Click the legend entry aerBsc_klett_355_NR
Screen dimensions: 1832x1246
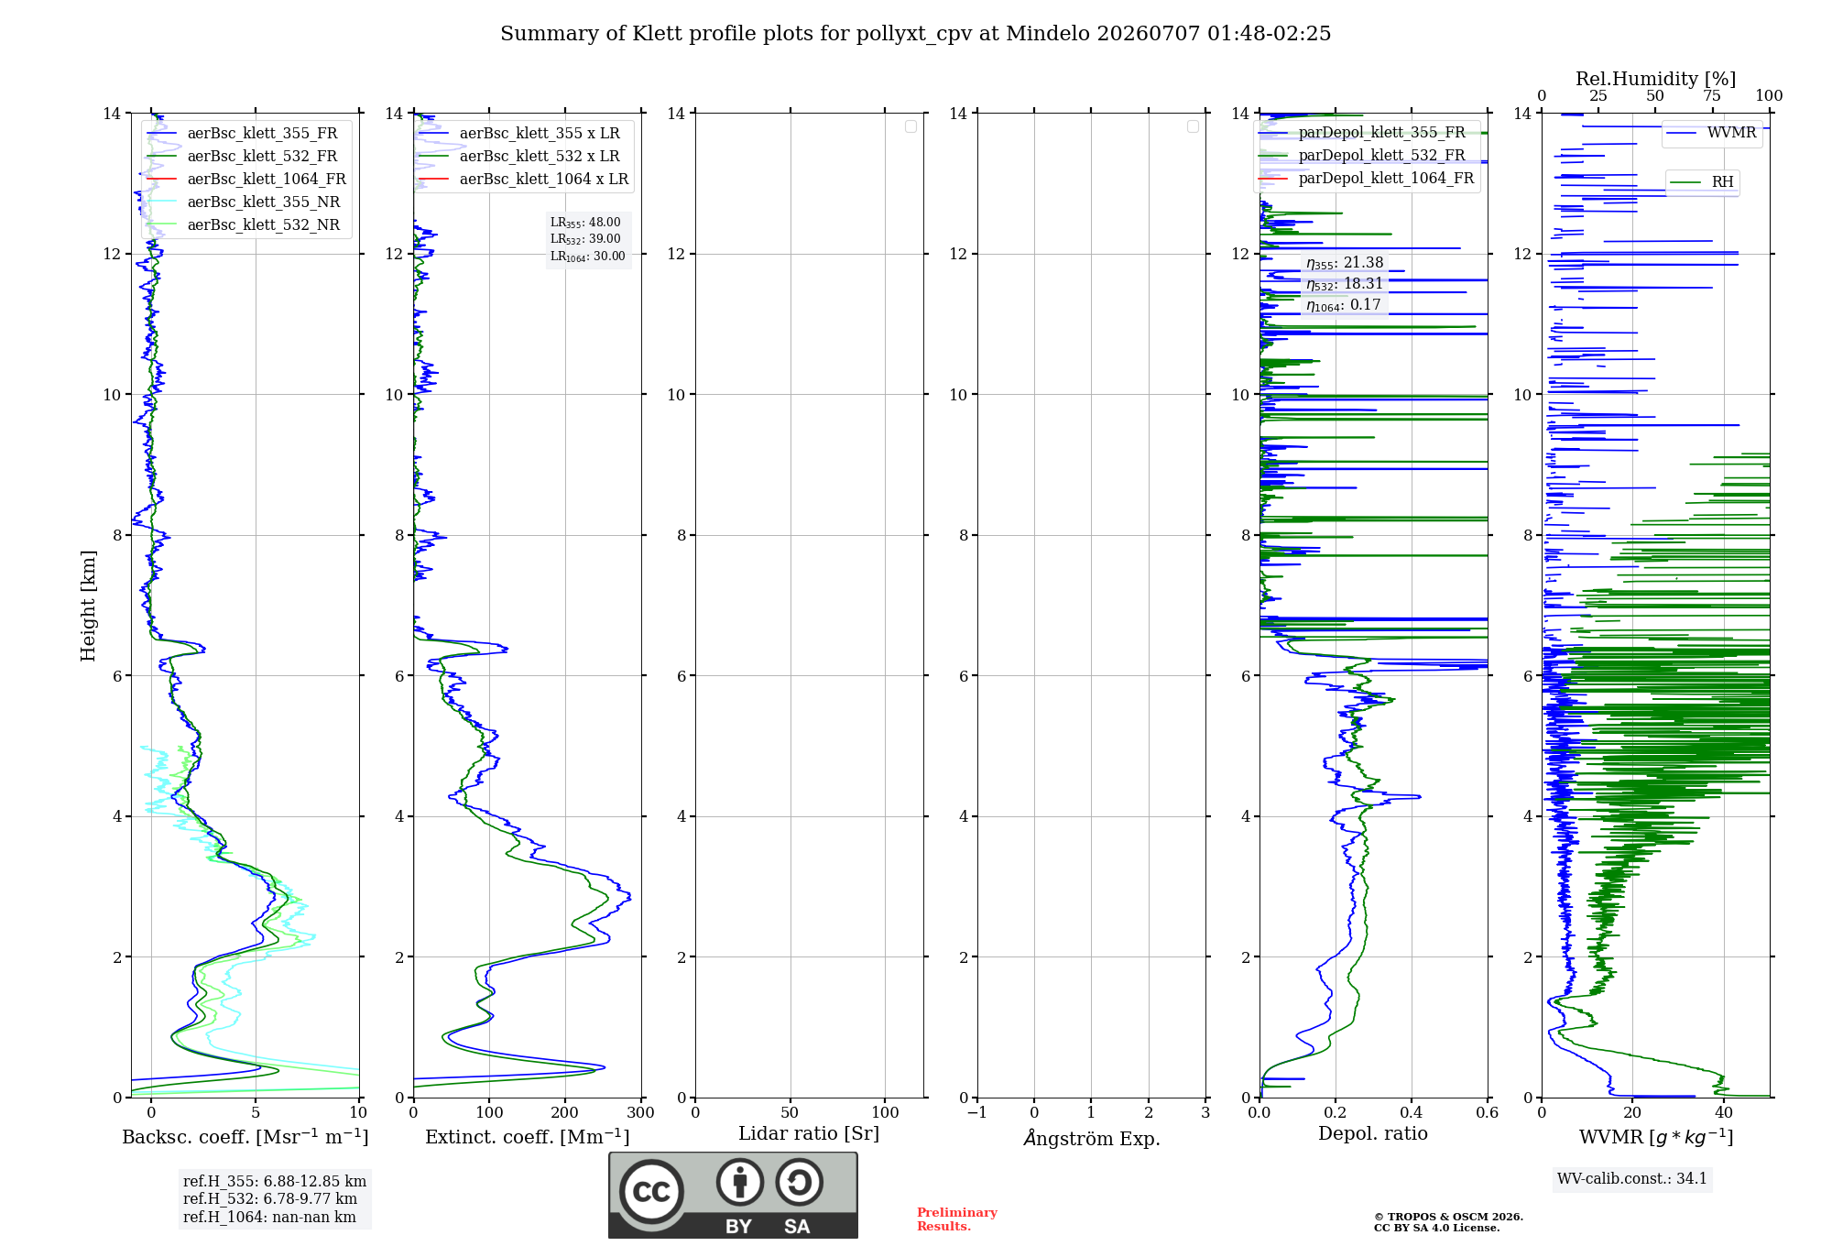tap(244, 202)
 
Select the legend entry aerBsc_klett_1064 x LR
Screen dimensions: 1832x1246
tap(524, 179)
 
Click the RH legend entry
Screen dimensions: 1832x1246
tap(1702, 181)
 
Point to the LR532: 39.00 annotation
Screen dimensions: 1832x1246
tap(585, 239)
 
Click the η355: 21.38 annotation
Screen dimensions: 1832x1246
tap(1345, 263)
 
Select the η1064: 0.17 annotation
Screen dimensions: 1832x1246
tap(1343, 305)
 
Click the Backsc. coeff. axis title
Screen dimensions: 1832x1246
tap(245, 1137)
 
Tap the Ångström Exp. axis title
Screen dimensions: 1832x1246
tap(1092, 1138)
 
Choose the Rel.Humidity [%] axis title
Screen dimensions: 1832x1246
tap(1656, 79)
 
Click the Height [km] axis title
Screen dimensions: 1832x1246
tap(88, 606)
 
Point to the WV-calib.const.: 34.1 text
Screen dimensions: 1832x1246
tap(1632, 1178)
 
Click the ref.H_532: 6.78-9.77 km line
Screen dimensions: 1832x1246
tap(270, 1198)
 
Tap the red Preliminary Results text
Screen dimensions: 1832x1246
tap(957, 1219)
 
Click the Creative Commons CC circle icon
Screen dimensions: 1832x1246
tap(651, 1191)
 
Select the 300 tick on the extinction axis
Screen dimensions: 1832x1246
tap(641, 1112)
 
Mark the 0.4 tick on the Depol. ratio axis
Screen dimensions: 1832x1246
tap(1412, 1112)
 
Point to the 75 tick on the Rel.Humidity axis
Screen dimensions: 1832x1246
tap(1712, 96)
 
